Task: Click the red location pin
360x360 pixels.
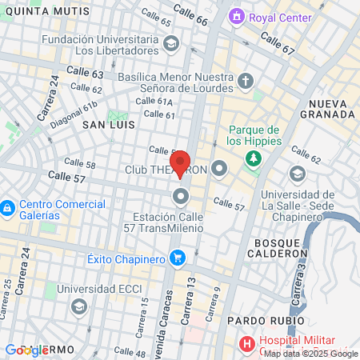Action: point(180,162)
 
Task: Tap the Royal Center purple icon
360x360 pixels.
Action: point(236,16)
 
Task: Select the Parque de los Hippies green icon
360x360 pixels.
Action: point(254,158)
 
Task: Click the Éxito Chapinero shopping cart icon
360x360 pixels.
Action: point(178,258)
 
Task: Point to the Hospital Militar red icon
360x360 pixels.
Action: point(248,343)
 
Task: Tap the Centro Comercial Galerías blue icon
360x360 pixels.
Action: point(6,209)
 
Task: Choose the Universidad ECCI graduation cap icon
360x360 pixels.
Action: point(78,306)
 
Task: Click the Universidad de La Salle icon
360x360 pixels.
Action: point(298,174)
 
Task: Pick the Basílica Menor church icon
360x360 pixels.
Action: point(245,81)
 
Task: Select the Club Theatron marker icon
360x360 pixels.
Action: point(221,169)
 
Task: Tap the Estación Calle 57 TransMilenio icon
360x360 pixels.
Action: point(182,195)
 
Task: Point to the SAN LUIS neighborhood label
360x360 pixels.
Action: point(109,126)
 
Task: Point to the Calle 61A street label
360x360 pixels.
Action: point(154,101)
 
